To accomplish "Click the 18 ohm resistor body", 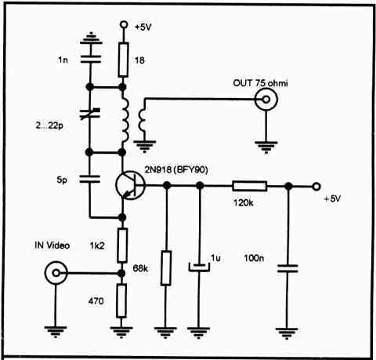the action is (x=124, y=60).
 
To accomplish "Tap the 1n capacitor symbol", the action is (x=90, y=60).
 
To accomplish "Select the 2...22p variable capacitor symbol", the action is (x=90, y=114).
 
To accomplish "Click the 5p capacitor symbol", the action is (x=89, y=179).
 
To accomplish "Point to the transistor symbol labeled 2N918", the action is (x=130, y=185).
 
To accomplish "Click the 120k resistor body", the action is (x=250, y=186).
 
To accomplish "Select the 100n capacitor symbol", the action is (x=287, y=268).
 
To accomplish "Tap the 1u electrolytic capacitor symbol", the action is (x=199, y=267).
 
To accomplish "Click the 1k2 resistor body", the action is (x=122, y=245).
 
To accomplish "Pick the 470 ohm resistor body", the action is (x=121, y=300).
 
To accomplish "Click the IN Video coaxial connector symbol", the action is (x=56, y=273).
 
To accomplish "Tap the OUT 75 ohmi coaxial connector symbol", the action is (x=266, y=100).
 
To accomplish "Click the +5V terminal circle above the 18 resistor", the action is (x=124, y=24).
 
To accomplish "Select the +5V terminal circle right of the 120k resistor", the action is (x=316, y=187).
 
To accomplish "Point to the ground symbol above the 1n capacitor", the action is (x=91, y=38).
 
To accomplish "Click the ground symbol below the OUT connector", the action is (x=266, y=147).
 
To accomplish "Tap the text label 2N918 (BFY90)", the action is (x=176, y=170).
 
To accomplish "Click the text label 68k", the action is (x=140, y=268).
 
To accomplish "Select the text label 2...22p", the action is (x=49, y=125).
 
